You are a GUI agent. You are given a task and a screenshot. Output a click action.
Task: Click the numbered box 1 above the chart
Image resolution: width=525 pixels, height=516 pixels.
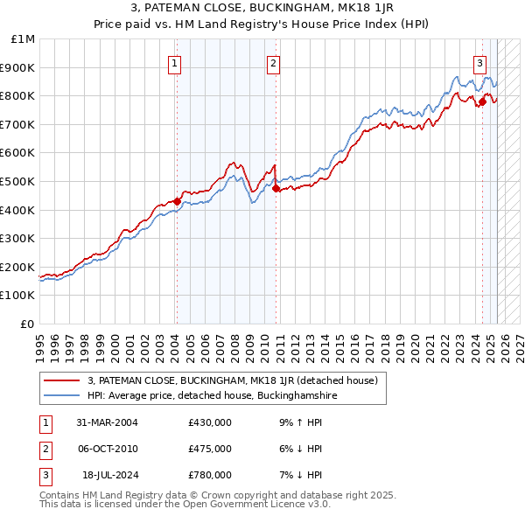[x=175, y=62]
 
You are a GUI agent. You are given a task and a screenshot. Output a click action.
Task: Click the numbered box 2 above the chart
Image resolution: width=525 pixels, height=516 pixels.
[x=274, y=62]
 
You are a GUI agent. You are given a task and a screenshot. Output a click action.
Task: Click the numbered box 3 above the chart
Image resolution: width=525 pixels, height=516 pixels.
[x=480, y=62]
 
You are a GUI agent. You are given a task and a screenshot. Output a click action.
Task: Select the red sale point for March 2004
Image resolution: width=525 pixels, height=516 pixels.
[x=177, y=201]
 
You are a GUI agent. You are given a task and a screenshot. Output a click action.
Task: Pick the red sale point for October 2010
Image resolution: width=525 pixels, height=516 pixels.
[x=276, y=188]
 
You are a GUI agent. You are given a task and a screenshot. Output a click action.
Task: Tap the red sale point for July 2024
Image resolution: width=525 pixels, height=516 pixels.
[x=482, y=101]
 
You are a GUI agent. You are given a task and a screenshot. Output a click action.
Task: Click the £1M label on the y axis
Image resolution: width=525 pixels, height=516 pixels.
[x=24, y=39]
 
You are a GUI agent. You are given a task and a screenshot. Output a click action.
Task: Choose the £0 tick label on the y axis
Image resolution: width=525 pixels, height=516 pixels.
[x=28, y=324]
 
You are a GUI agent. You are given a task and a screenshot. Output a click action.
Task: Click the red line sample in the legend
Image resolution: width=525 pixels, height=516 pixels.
[x=62, y=380]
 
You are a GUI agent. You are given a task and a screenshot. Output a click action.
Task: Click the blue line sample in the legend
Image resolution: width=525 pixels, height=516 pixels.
[x=62, y=395]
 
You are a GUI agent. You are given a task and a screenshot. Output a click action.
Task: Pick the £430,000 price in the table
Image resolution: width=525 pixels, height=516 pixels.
[x=210, y=422]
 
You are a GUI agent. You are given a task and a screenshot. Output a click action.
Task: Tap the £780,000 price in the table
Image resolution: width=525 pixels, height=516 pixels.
[x=210, y=475]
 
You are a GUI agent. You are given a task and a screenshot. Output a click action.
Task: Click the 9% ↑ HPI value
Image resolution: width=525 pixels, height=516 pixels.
[x=297, y=422]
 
